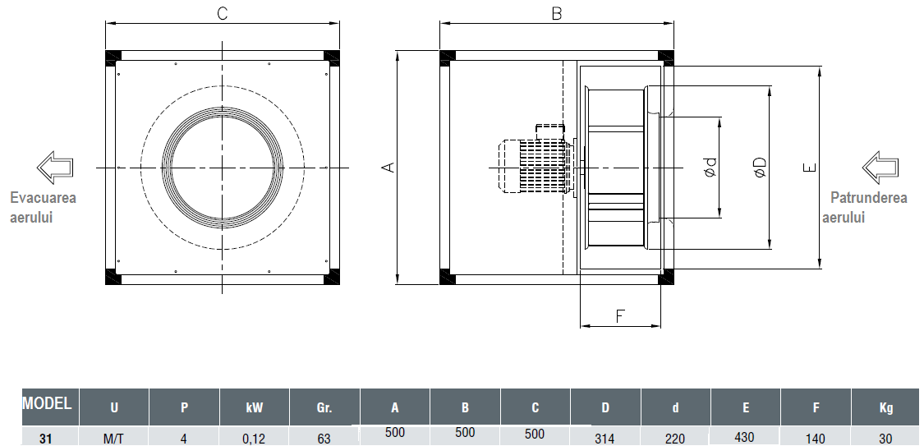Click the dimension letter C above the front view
click(222, 13)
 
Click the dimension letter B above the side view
click(556, 13)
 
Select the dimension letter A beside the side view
click(390, 168)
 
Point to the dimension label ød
click(710, 168)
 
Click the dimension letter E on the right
click(811, 168)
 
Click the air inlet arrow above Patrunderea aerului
click(881, 167)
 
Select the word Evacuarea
click(44, 198)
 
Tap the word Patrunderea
click(868, 198)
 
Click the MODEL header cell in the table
click(47, 403)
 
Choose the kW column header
click(254, 407)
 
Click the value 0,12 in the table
click(254, 439)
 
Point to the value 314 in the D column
click(605, 439)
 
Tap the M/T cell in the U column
click(113, 439)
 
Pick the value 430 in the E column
click(745, 437)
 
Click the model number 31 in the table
click(46, 439)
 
